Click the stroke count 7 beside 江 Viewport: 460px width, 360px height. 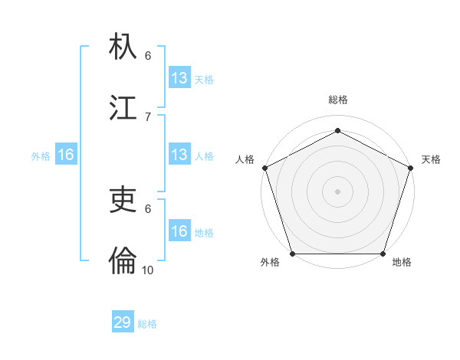148,116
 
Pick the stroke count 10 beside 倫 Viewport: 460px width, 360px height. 147,270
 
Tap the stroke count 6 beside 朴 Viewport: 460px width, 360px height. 148,55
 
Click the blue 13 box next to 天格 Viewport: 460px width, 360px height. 179,78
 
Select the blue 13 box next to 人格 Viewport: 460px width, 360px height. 179,155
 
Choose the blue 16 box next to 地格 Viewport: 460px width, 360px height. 179,231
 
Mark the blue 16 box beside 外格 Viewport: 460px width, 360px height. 66,155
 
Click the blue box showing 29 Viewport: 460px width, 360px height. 123,322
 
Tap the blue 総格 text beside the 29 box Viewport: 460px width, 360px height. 148,324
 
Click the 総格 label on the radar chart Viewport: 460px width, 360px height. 337,100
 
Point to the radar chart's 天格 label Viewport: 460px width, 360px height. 431,159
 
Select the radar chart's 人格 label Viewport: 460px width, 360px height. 245,159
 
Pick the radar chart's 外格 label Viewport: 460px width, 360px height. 270,263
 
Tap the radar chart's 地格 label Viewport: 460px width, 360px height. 402,263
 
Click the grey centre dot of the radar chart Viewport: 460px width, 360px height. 337,191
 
